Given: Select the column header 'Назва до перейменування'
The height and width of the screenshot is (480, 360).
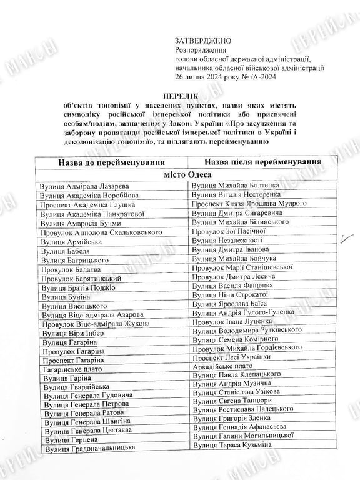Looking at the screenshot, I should click(x=107, y=162).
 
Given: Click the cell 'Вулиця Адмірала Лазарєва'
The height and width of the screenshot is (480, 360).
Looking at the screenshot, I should click(x=84, y=187).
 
